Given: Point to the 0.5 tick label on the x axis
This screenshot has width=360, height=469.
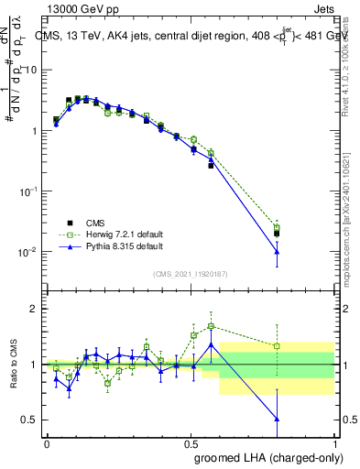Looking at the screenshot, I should [x=191, y=442].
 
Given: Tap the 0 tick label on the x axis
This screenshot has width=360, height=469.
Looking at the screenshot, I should [x=47, y=442].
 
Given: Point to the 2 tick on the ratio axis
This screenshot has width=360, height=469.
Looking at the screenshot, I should [x=35, y=309].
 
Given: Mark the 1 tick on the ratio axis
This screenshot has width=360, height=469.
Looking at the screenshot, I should [x=35, y=365].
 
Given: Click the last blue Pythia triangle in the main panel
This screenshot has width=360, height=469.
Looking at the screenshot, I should [x=277, y=252].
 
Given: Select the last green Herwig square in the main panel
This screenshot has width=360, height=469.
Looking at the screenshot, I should [x=277, y=227].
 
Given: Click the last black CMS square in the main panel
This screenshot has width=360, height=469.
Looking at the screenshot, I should [x=277, y=234].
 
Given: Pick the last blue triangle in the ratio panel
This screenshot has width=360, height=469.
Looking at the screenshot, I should [x=277, y=419].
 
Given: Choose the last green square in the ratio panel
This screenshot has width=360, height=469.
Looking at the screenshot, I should [x=277, y=346].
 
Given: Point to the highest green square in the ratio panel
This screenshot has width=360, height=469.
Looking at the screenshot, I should [x=211, y=326].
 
